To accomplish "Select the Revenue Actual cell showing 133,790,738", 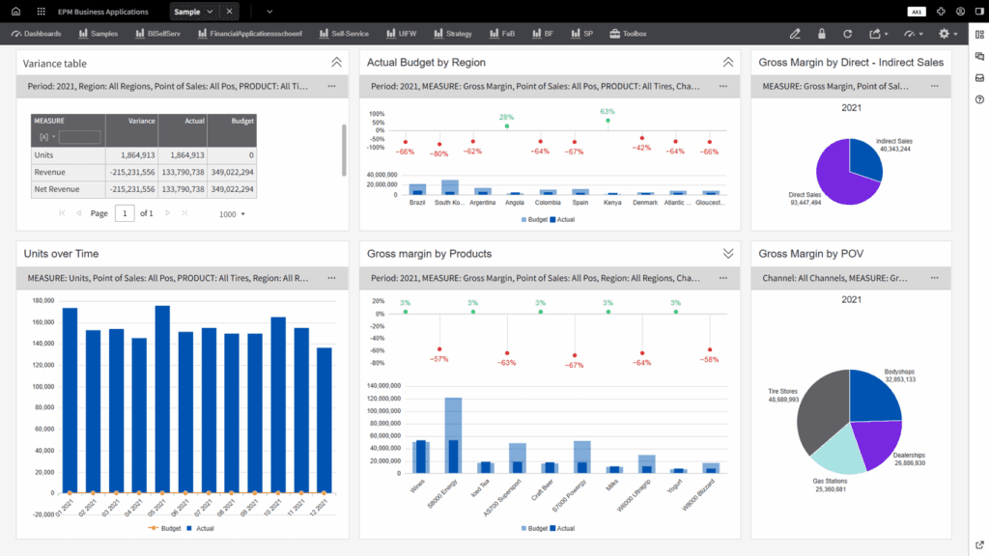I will pos(182,172).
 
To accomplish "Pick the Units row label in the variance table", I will pos(44,154).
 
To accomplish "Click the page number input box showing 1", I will pos(125,212).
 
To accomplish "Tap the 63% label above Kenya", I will pos(607,112).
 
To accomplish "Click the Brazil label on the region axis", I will pos(417,203).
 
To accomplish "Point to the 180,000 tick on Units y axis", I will pos(43,299).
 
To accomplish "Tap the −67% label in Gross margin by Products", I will pos(575,366).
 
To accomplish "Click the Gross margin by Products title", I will pos(429,254).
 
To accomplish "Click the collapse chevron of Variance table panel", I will pos(336,62).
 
